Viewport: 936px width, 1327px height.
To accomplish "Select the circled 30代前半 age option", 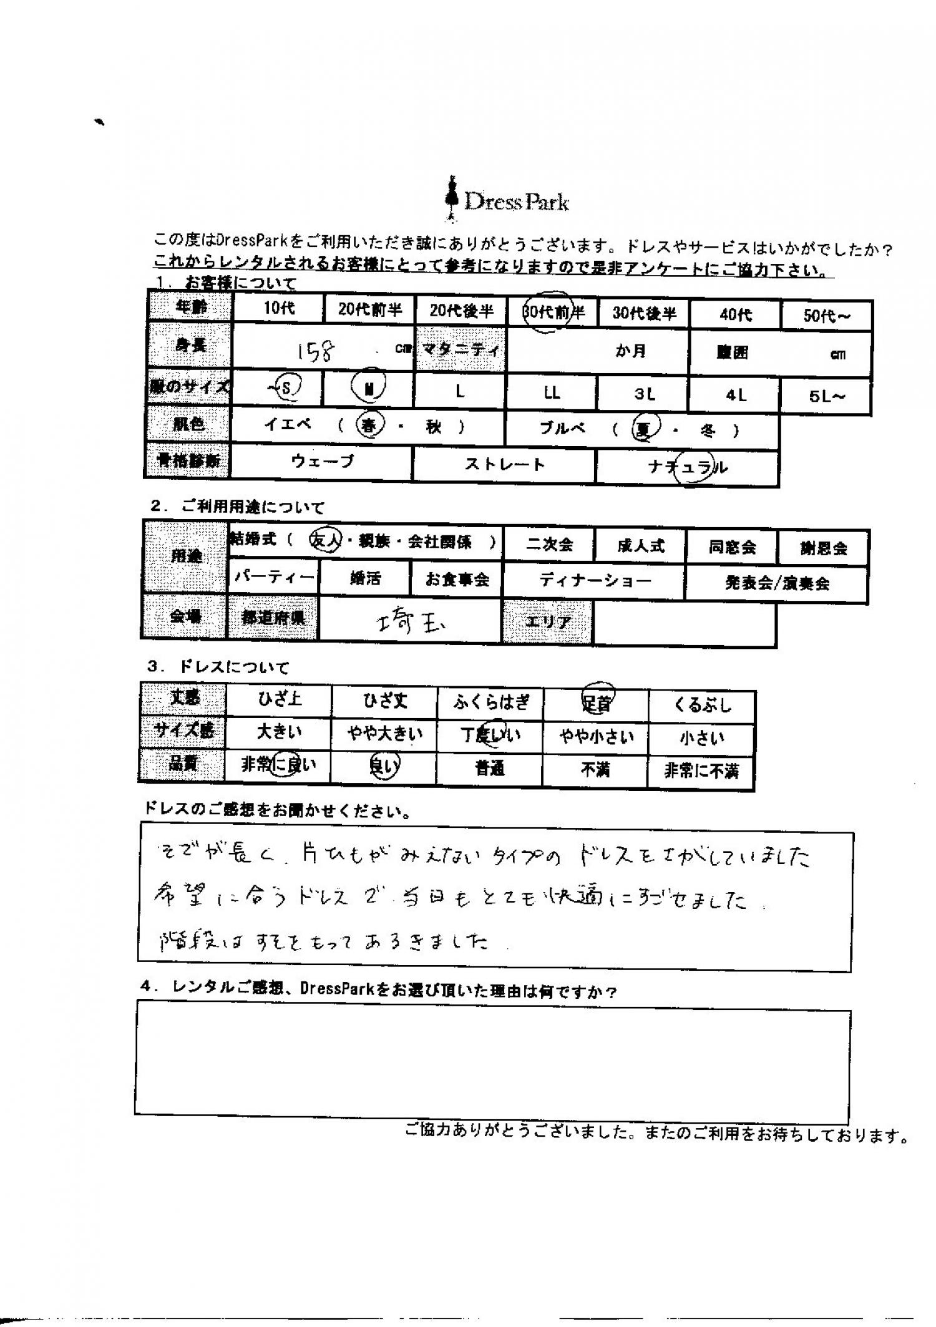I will point(552,313).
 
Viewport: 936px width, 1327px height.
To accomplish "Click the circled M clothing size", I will point(369,388).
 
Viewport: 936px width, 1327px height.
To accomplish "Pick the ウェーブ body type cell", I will point(322,462).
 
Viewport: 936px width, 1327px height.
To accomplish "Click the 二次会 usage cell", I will point(549,545).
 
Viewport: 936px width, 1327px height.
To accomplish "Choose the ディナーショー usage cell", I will point(595,581).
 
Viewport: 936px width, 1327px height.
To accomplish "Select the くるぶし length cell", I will point(702,706).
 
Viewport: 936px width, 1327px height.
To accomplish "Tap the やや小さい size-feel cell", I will point(596,737).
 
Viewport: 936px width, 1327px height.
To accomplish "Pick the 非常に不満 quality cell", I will point(701,772).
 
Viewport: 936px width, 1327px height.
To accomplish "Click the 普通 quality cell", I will point(490,769).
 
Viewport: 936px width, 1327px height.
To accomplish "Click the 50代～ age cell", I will point(826,316).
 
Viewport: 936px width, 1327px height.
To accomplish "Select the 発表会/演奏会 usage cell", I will point(776,583).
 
